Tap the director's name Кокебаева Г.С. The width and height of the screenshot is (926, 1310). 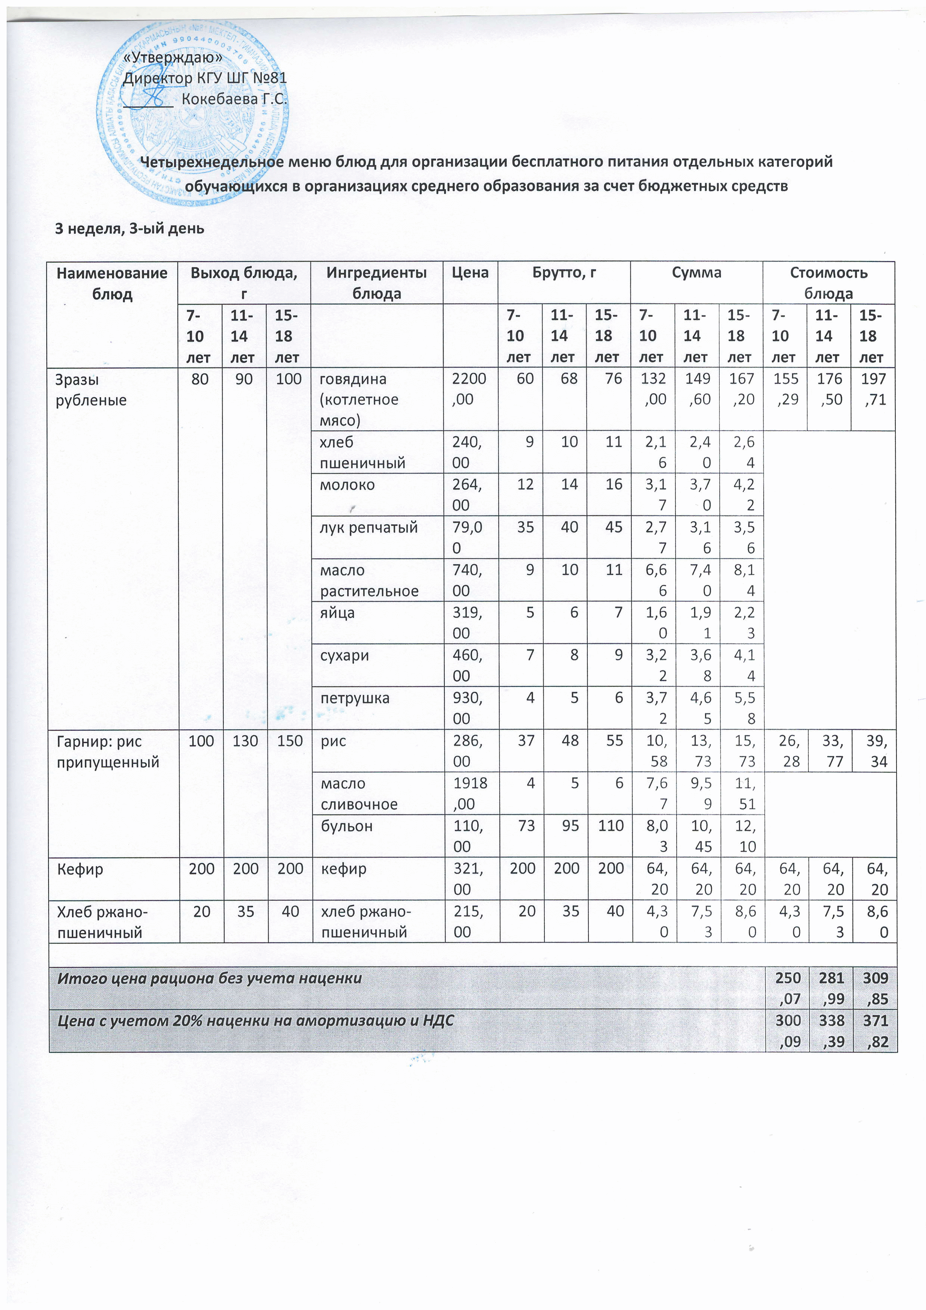234,99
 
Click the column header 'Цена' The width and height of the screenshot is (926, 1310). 470,273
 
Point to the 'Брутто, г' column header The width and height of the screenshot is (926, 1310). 564,273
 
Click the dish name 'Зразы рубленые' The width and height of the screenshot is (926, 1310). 91,389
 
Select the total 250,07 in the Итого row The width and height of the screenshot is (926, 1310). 787,988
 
